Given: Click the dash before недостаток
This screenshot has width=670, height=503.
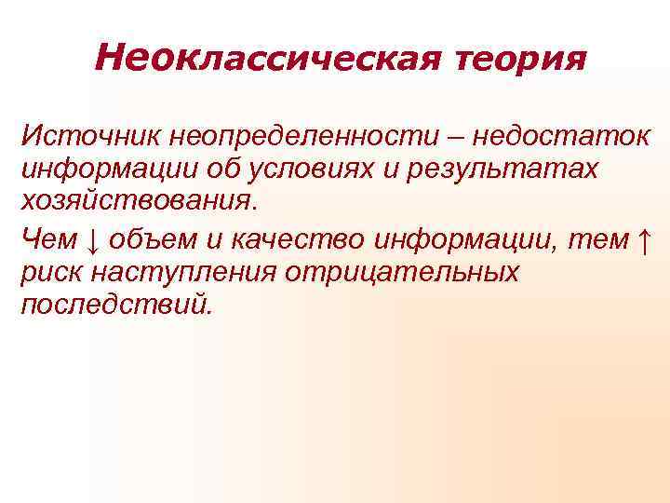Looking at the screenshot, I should point(457,139).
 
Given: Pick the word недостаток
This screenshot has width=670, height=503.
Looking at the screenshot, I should point(560,139).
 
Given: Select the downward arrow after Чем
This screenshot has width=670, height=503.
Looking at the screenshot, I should point(92,240).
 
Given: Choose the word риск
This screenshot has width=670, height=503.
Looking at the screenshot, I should point(51,273).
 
